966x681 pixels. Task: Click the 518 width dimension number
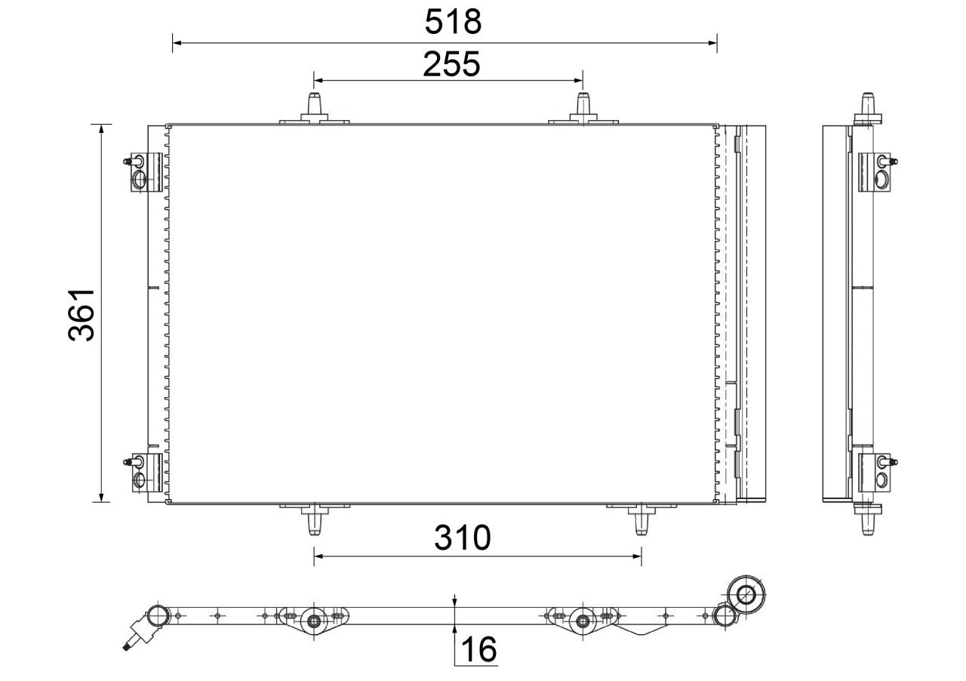click(x=453, y=22)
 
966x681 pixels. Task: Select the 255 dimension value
click(x=451, y=65)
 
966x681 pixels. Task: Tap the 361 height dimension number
click(x=82, y=313)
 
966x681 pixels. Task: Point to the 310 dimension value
click(x=462, y=538)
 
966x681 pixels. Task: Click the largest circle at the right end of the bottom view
click(x=747, y=594)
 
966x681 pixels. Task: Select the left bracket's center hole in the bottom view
click(x=314, y=621)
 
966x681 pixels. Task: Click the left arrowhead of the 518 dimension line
click(x=177, y=43)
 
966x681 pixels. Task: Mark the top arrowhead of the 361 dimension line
click(x=100, y=128)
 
